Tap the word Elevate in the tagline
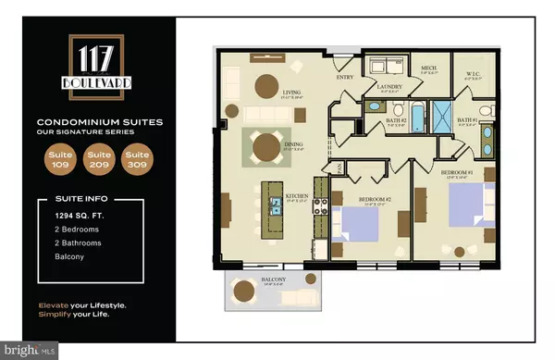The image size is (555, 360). coord(55,304)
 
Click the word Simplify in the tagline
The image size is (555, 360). coord(57,317)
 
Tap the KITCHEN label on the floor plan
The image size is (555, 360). coord(295,196)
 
